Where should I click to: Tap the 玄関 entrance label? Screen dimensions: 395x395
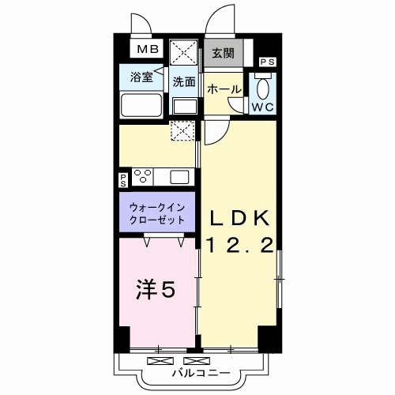223,54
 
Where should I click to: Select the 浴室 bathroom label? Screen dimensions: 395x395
141,77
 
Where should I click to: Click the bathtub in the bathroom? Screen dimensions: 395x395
141,105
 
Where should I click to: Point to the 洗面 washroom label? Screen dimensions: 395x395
184,82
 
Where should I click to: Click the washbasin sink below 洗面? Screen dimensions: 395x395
185,107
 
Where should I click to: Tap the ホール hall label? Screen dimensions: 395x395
224,89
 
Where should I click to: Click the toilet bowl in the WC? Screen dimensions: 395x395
263,88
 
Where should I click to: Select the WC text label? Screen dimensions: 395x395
262,107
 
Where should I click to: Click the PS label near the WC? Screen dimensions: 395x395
268,62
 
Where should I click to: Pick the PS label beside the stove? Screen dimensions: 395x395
123,181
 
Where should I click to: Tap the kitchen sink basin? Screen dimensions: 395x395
179,177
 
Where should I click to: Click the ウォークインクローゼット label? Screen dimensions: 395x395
157,213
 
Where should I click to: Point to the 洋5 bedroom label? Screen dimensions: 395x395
156,290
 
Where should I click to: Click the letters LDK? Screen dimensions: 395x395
239,218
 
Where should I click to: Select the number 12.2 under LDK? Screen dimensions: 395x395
240,246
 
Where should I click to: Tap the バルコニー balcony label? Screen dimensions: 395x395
201,373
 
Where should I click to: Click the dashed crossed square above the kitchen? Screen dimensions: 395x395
182,130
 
